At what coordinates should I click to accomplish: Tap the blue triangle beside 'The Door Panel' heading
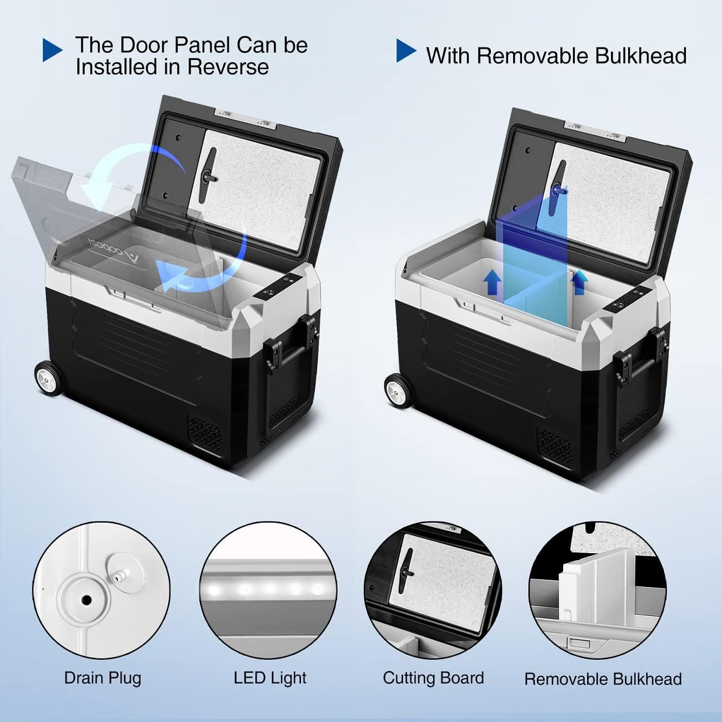(52, 50)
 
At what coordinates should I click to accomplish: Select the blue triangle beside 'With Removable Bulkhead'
(406, 51)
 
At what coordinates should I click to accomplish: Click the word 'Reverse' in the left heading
(228, 67)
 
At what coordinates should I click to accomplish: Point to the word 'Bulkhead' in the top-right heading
(640, 56)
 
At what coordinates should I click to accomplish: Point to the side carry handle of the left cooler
(289, 346)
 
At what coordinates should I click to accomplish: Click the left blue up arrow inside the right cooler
(492, 284)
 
